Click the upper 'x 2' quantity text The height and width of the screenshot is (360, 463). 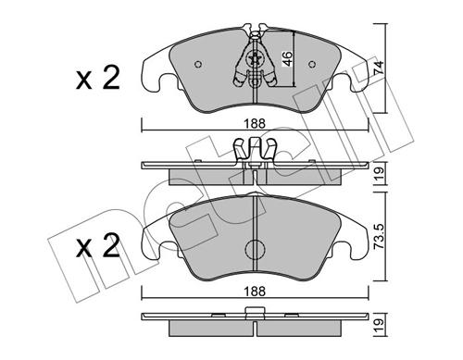(97, 79)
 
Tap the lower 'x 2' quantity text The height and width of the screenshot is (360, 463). (97, 248)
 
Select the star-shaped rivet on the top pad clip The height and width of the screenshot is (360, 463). (256, 56)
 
